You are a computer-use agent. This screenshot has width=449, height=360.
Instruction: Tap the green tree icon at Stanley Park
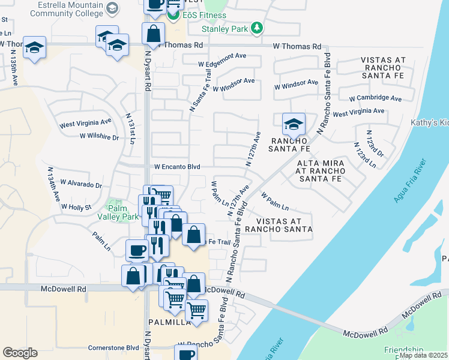click(257, 28)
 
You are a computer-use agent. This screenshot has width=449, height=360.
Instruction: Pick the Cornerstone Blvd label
click(114, 347)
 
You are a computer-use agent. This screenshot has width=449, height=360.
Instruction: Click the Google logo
click(20, 353)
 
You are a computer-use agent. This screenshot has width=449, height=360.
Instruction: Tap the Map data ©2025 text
click(423, 355)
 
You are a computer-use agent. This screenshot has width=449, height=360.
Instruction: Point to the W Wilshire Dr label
click(100, 137)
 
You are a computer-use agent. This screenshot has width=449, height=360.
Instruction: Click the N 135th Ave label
click(13, 70)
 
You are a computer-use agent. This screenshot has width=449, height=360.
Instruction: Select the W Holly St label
click(76, 207)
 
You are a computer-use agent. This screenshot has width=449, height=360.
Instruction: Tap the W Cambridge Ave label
click(378, 98)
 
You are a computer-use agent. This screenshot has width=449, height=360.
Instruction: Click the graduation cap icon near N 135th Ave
click(35, 47)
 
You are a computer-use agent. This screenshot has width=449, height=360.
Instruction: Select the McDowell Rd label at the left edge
click(64, 289)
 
